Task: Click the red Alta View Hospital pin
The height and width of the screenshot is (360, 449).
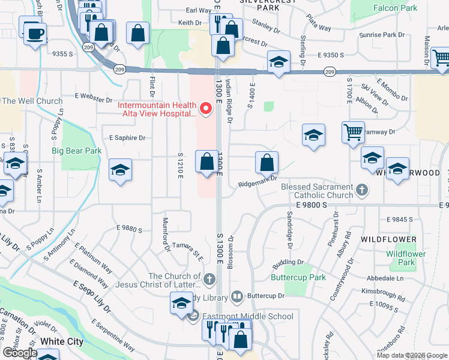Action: tap(206, 109)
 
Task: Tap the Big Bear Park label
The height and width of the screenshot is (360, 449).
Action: tap(76, 151)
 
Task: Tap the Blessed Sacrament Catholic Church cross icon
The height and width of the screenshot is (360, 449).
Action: tap(361, 191)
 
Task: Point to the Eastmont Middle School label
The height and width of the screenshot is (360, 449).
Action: tap(247, 316)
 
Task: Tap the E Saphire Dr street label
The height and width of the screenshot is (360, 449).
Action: tap(124, 138)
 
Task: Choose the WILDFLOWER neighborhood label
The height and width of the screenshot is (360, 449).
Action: tap(388, 239)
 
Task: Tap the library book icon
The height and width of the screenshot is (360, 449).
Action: tap(237, 296)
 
